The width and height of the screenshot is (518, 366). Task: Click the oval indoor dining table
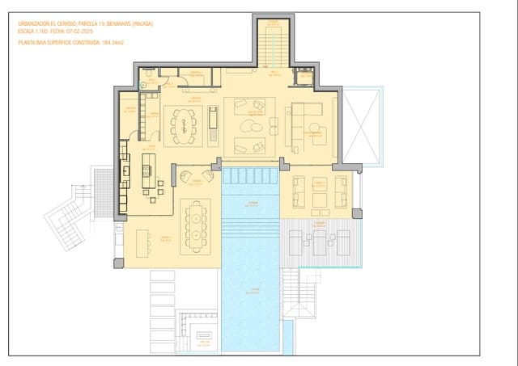point(185,125)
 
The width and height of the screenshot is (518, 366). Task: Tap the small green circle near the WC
point(142,84)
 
